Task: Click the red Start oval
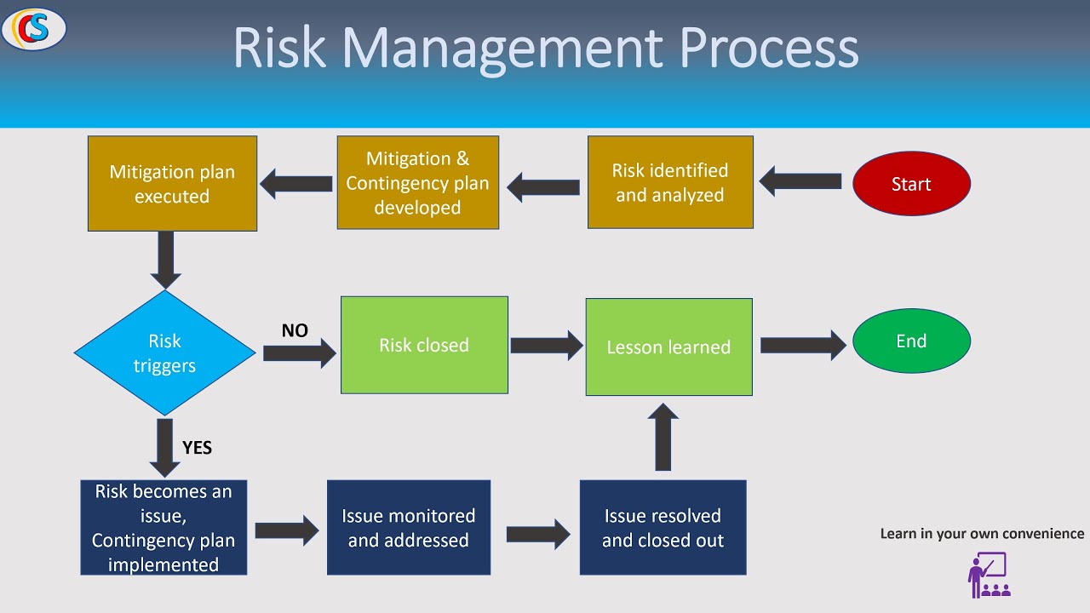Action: (x=911, y=184)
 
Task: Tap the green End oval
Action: (x=911, y=341)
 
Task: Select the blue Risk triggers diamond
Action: (x=164, y=353)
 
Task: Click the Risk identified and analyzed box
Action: (x=670, y=183)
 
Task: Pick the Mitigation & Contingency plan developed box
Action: (x=417, y=183)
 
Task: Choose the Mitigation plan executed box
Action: (x=172, y=184)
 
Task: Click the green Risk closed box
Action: (x=424, y=345)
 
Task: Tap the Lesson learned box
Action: (x=668, y=347)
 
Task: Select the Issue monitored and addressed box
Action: (x=409, y=528)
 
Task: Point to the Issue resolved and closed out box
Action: (x=663, y=528)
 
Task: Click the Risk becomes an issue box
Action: (x=163, y=528)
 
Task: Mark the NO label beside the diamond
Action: (x=295, y=330)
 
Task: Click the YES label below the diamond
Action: (x=197, y=448)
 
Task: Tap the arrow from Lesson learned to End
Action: (x=802, y=345)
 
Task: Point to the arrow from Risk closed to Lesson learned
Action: (x=546, y=345)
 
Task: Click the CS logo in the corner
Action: (x=34, y=29)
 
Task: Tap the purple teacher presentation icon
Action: (x=989, y=576)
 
